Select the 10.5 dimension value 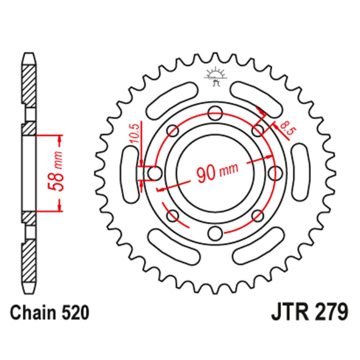(x=135, y=134)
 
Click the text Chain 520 (x=50, y=313)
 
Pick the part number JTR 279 (x=309, y=312)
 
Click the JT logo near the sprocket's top (x=216, y=76)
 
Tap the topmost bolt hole (x=216, y=113)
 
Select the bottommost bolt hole (x=216, y=233)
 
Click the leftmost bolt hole (x=155, y=173)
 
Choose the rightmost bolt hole (x=276, y=173)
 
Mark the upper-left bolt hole (x=173, y=131)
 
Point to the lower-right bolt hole (x=258, y=216)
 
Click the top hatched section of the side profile (x=29, y=86)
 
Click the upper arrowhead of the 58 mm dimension (x=60, y=139)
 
